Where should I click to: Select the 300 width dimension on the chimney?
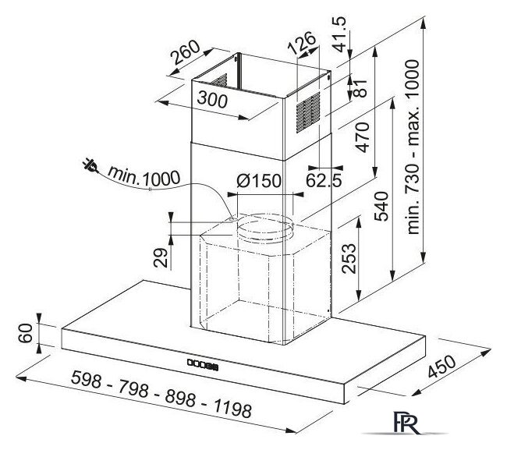pos(212,99)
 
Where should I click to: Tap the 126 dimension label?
pos(301,43)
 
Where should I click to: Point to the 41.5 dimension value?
pos(339,34)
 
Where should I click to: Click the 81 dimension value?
pos(360,88)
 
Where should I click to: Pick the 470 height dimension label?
pos(362,136)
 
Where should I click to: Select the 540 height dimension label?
pos(381,206)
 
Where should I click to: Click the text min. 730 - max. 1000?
pos(413,147)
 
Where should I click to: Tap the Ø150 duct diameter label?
pos(259,180)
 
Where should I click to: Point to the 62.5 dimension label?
pos(324,181)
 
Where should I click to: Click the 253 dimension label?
pos(349,259)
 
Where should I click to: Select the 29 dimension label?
pos(161,257)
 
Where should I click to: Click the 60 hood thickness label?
pos(26,333)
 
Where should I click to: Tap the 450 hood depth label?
pos(441,367)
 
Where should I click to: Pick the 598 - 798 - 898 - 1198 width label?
pos(161,394)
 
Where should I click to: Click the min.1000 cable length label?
pos(144,176)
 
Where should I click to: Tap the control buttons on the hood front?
pos(203,364)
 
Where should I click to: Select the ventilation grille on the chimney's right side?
pos(308,112)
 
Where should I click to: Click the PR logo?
pos(406,423)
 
